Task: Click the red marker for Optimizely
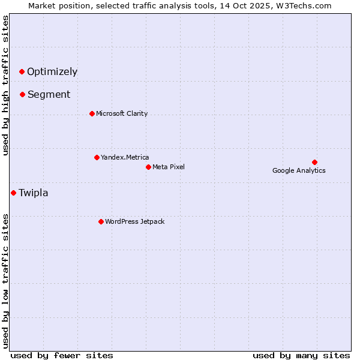point(22,71)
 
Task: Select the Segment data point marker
point(22,94)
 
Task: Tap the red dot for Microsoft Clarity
point(92,113)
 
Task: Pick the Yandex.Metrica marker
point(97,157)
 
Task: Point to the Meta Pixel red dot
point(148,167)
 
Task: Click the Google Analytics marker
point(314,162)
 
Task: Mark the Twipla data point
point(13,193)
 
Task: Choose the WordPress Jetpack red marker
point(101,221)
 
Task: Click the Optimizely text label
point(52,72)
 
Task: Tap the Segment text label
point(49,95)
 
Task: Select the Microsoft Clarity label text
point(122,114)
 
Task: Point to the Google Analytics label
point(299,171)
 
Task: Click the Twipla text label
point(34,193)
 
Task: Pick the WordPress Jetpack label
point(134,222)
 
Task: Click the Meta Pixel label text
point(169,167)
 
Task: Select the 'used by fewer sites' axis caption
point(62,355)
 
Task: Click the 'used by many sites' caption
point(301,355)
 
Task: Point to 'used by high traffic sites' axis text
point(6,85)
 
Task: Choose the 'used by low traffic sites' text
point(6,280)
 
